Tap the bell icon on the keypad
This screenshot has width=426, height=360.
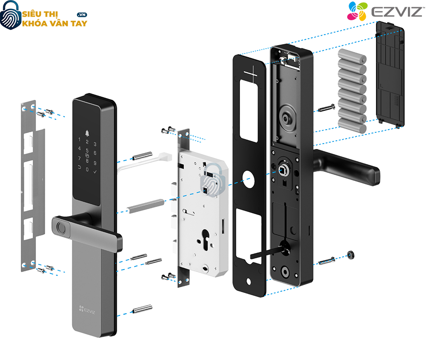pos(86,134)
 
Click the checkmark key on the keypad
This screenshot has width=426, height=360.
pos(95,171)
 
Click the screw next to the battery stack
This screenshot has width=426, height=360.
pos(326,108)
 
